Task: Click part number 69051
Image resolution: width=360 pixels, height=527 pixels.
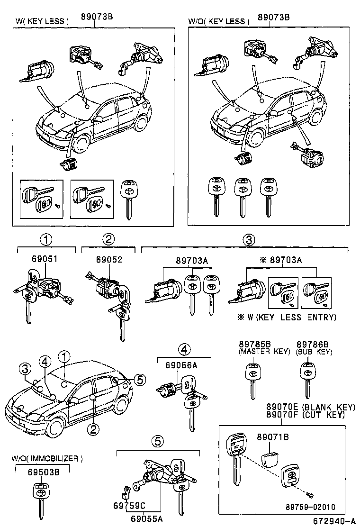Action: (x=45, y=260)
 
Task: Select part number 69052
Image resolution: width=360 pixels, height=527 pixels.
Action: (x=108, y=260)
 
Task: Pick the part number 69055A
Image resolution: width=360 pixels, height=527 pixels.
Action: (x=146, y=518)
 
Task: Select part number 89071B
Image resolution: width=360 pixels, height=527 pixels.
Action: (x=272, y=436)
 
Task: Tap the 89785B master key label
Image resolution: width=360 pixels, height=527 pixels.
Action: (x=254, y=344)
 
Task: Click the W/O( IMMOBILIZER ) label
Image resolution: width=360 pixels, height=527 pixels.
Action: (x=47, y=458)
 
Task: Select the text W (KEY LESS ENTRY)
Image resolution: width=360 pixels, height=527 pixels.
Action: (x=291, y=317)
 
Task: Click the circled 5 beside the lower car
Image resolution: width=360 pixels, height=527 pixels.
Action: (x=139, y=379)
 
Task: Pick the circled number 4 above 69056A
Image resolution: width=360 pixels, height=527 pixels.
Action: (x=184, y=351)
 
